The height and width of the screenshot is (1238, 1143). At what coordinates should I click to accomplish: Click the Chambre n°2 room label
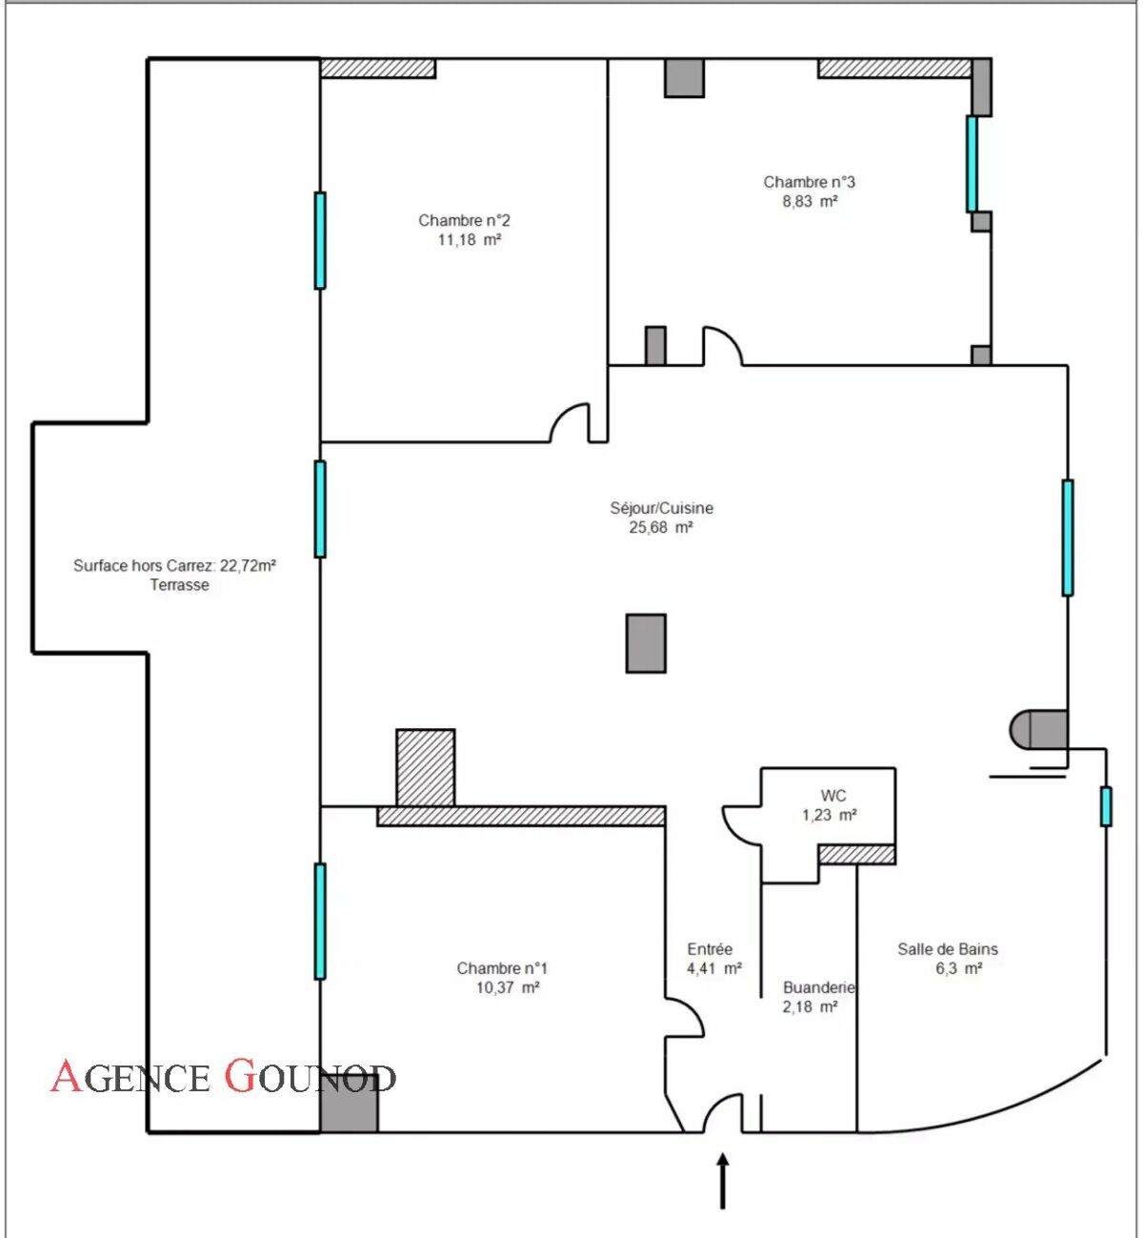pyautogui.click(x=464, y=220)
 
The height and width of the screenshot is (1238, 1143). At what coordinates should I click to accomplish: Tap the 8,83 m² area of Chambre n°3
pyautogui.click(x=811, y=201)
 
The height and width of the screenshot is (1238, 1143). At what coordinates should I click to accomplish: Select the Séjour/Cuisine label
pyautogui.click(x=661, y=508)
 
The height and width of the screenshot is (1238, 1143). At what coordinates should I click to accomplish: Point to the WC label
pyautogui.click(x=832, y=796)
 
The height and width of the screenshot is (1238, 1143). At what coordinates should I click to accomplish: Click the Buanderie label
pyautogui.click(x=818, y=987)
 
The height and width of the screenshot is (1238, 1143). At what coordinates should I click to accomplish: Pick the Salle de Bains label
pyautogui.click(x=948, y=949)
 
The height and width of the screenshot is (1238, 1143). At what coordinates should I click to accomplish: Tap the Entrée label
pyautogui.click(x=710, y=949)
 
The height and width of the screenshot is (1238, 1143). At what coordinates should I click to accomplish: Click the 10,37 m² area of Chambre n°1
pyautogui.click(x=508, y=987)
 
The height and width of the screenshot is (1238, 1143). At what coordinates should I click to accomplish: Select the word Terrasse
pyautogui.click(x=179, y=585)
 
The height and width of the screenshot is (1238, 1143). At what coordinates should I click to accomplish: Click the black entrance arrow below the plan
pyautogui.click(x=723, y=1181)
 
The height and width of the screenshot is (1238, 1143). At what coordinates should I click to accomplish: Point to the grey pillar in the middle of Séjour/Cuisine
pyautogui.click(x=646, y=643)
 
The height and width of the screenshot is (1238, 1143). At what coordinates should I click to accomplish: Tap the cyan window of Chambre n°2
pyautogui.click(x=320, y=240)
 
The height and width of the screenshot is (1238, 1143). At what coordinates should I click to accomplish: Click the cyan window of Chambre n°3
pyautogui.click(x=972, y=164)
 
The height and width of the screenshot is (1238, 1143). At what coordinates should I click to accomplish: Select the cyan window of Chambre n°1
pyautogui.click(x=320, y=922)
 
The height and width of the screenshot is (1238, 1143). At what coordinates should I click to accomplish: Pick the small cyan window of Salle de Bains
pyautogui.click(x=1106, y=806)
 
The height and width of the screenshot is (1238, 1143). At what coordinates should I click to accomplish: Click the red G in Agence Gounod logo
pyautogui.click(x=239, y=1075)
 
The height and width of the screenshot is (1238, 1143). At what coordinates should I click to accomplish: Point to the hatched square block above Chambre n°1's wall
pyautogui.click(x=426, y=767)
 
